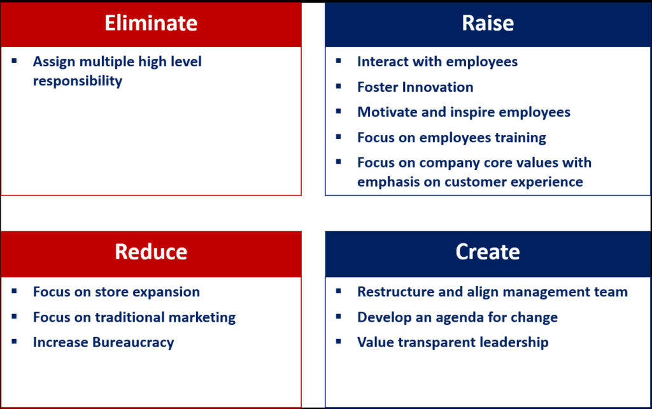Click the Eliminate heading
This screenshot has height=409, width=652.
click(151, 23)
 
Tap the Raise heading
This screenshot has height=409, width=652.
click(488, 23)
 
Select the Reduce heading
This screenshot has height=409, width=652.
click(151, 252)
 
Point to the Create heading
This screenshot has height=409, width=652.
click(488, 252)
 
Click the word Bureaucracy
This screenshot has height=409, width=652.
click(133, 343)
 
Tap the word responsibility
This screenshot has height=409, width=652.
click(78, 81)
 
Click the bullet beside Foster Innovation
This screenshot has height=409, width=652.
click(339, 86)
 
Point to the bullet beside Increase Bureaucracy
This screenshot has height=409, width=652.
click(14, 341)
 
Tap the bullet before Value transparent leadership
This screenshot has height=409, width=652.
click(339, 341)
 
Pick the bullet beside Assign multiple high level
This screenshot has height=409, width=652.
click(14, 61)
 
